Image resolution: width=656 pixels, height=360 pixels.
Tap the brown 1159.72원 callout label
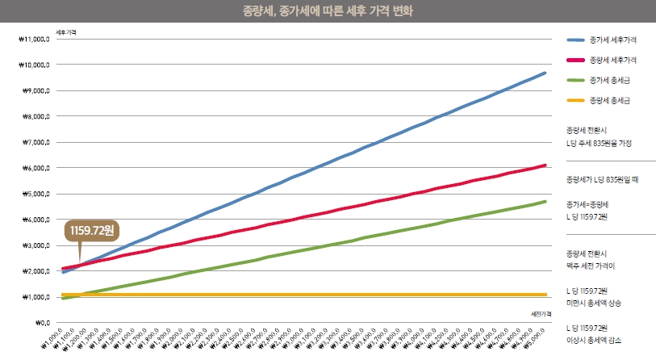pos(91,231)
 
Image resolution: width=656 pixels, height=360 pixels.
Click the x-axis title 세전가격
pos(539,313)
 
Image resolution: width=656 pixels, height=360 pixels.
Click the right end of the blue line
pos(545,73)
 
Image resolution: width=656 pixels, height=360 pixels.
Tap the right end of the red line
pos(545,165)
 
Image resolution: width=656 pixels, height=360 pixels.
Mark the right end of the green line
pos(545,202)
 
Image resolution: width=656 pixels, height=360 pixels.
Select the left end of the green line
pos(63,299)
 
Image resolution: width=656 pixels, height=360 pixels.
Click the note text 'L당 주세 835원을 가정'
pos(599,142)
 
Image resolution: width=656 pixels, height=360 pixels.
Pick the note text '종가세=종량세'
pos(587,205)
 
